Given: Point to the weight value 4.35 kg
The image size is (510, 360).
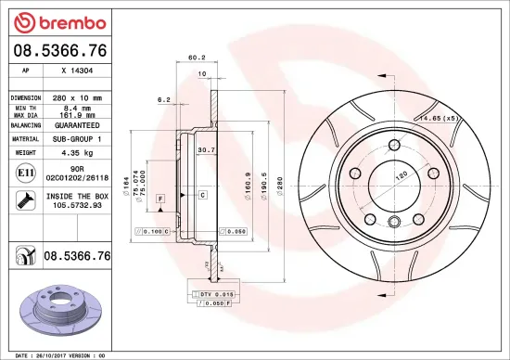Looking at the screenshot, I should (x=77, y=150).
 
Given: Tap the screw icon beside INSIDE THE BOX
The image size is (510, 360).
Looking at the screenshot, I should (x=23, y=199).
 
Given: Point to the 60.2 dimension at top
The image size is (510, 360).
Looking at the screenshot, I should (x=196, y=58).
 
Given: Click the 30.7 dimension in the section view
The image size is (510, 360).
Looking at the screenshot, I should (x=207, y=150).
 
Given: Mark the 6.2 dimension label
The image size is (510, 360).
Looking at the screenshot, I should (x=164, y=98).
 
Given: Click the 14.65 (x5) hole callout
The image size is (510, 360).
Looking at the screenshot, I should (x=439, y=119).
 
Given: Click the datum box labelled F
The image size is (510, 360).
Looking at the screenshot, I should (x=160, y=199).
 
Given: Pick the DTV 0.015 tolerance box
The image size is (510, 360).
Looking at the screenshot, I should (x=212, y=293).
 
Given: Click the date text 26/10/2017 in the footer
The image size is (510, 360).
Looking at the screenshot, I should (x=51, y=354).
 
